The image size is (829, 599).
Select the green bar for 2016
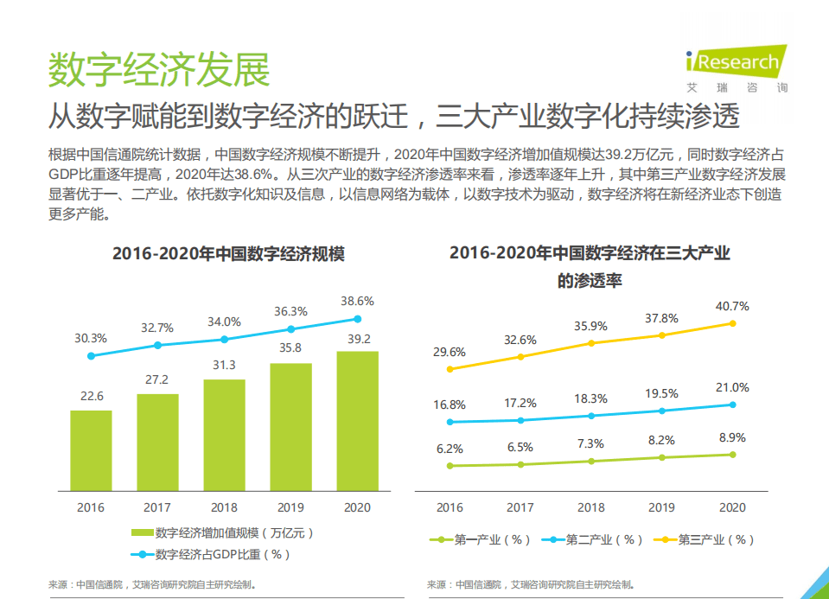(x=91, y=450)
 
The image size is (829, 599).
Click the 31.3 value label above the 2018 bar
(x=224, y=365)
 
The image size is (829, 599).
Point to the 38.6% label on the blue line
(x=357, y=302)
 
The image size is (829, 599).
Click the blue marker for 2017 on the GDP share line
(x=157, y=346)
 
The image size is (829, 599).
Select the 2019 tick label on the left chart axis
(x=290, y=507)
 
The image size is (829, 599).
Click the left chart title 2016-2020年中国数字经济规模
(x=228, y=254)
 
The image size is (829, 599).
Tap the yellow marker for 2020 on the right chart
(x=732, y=323)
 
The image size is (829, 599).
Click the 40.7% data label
(x=732, y=306)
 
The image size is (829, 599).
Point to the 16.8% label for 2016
(x=450, y=405)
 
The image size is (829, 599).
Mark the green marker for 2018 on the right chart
(x=591, y=461)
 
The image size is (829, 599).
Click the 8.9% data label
(x=732, y=437)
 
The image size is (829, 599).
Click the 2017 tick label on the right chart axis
(x=520, y=507)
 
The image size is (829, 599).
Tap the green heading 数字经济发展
(x=159, y=69)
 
